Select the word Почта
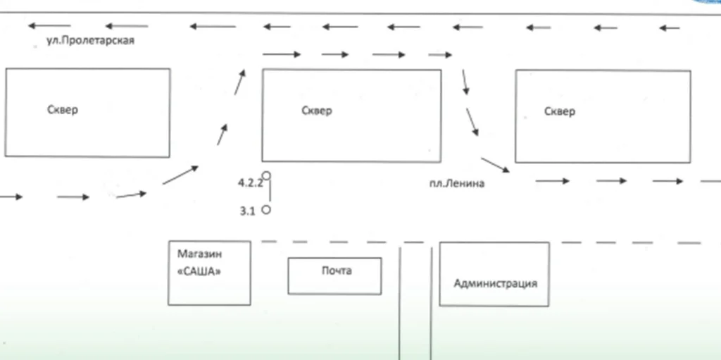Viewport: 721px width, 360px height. click(x=336, y=271)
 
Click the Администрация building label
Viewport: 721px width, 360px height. click(x=495, y=283)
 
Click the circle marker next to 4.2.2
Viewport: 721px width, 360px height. click(x=266, y=175)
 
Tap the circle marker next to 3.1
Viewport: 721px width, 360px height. click(x=266, y=210)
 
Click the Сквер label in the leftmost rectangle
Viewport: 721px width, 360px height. click(x=63, y=110)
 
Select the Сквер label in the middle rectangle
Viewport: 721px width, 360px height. click(x=316, y=111)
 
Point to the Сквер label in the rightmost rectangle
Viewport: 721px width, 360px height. click(x=560, y=111)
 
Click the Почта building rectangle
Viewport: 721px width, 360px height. click(x=334, y=285)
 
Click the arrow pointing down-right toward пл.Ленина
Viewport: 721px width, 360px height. click(x=496, y=165)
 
